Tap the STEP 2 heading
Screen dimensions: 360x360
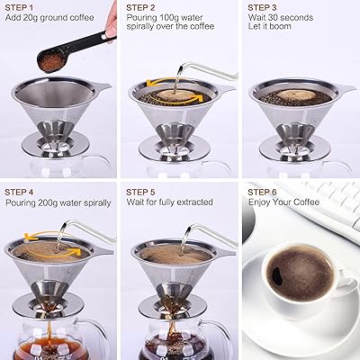(141, 6)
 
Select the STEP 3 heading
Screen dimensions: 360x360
(264, 6)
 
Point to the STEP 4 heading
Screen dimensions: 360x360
(21, 192)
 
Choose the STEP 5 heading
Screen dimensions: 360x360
(141, 192)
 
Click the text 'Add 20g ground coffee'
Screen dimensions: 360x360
(50, 18)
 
